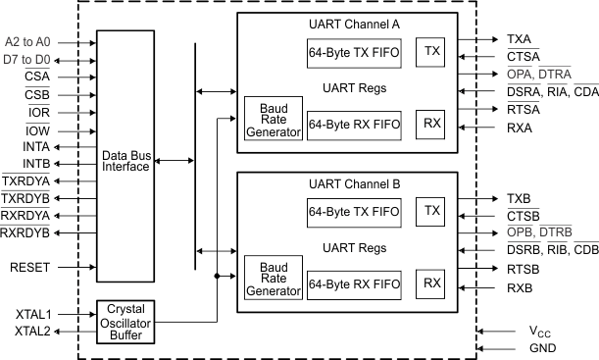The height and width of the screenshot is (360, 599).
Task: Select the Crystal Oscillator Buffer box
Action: pos(125,322)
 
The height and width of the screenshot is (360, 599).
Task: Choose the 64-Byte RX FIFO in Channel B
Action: pos(353,283)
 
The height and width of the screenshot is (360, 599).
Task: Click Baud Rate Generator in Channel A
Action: pos(273,122)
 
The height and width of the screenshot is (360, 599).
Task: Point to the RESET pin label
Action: pos(28,267)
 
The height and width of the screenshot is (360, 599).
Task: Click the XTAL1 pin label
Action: pos(33,314)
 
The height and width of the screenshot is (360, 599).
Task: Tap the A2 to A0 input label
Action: pos(27,43)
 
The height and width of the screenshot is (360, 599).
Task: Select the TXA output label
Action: pos(519,38)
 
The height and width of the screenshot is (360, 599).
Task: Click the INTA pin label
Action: pos(35,147)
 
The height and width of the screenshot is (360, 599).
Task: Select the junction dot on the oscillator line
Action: pos(216,277)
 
